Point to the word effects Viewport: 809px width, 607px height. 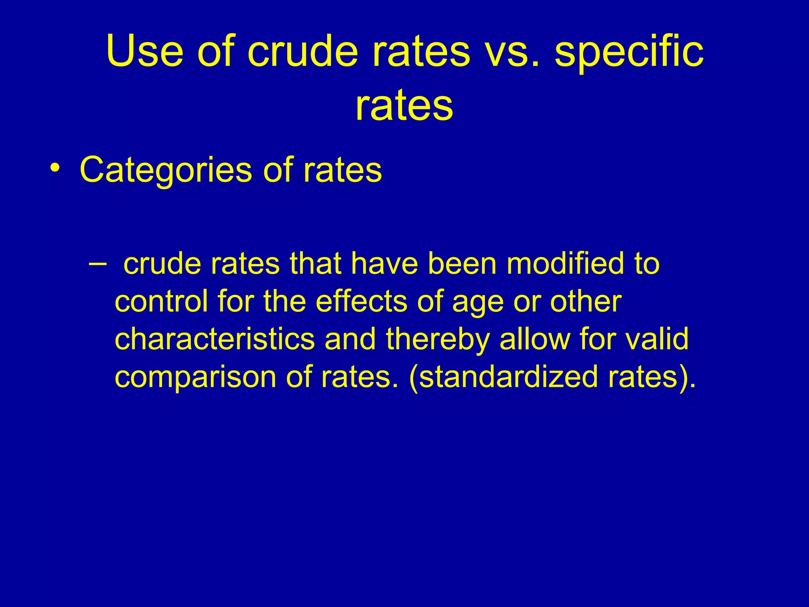click(x=361, y=301)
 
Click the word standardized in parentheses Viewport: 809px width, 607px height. click(x=507, y=377)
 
